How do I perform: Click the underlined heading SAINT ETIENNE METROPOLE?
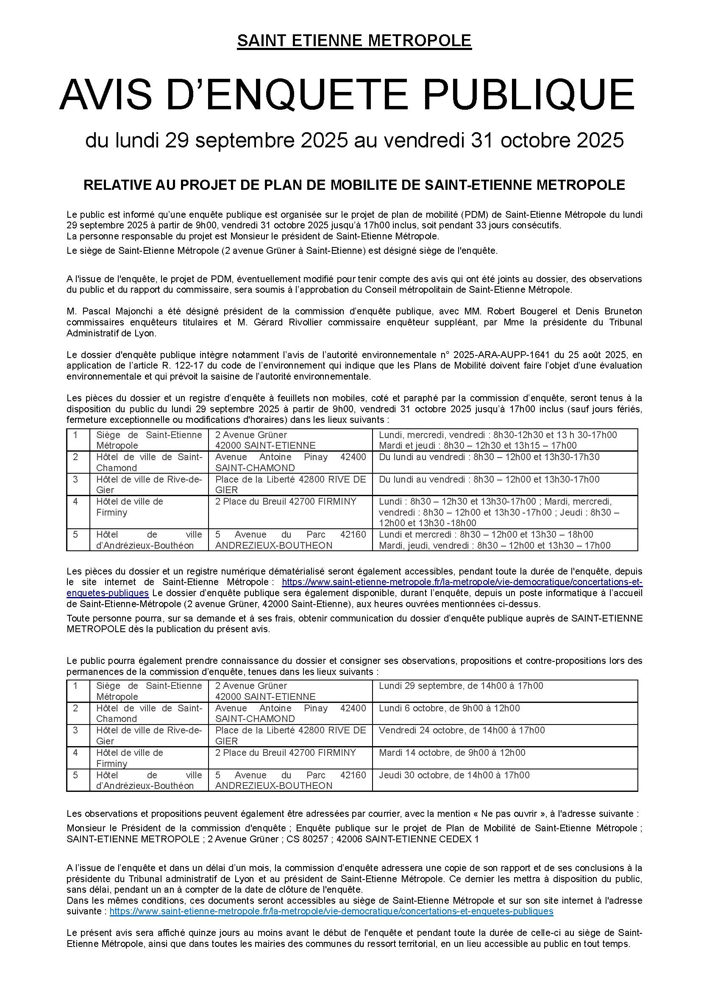[x=354, y=41]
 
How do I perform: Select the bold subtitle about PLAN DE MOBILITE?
[x=354, y=185]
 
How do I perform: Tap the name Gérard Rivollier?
[x=294, y=322]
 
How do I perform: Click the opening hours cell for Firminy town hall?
[x=505, y=512]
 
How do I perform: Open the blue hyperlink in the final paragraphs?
[x=331, y=912]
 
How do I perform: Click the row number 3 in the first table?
[x=75, y=479]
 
